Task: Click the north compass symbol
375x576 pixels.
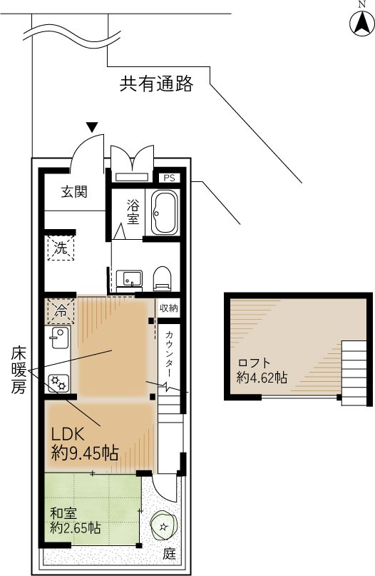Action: pyautogui.click(x=361, y=23)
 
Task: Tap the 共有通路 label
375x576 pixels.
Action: pyautogui.click(x=157, y=84)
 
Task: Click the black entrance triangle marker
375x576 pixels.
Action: pyautogui.click(x=93, y=127)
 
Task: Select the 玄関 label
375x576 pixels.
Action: pyautogui.click(x=74, y=192)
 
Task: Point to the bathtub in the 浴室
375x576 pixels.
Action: pyautogui.click(x=165, y=212)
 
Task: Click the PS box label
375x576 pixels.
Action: pyautogui.click(x=169, y=178)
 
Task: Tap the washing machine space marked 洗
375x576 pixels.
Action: pyautogui.click(x=61, y=248)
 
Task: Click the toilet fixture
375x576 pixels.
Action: pyautogui.click(x=162, y=278)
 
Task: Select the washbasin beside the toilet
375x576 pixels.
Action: pyautogui.click(x=129, y=279)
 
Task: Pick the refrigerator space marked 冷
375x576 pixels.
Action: pyautogui.click(x=61, y=311)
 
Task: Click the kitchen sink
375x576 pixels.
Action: pyautogui.click(x=58, y=338)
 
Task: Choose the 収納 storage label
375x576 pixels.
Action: pyautogui.click(x=169, y=308)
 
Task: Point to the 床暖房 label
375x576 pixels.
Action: pyautogui.click(x=18, y=370)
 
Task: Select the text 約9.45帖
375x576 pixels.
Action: pyautogui.click(x=85, y=453)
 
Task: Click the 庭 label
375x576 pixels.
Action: pyautogui.click(x=170, y=554)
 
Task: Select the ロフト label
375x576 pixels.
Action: pyautogui.click(x=255, y=363)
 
